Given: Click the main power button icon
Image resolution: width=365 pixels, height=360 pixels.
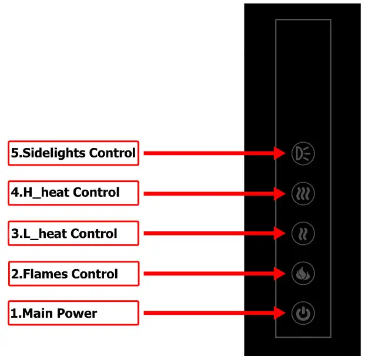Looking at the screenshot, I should tap(303, 313).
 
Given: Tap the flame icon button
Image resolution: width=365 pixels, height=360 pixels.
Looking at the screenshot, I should tap(303, 273).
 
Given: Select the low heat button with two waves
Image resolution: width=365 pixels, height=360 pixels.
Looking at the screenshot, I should tap(303, 233).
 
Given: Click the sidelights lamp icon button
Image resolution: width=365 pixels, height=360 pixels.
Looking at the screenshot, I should tap(303, 153).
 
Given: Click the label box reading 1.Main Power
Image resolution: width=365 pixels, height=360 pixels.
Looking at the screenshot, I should tap(73, 313).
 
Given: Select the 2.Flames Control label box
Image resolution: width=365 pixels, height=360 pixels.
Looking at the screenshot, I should tap(73, 274).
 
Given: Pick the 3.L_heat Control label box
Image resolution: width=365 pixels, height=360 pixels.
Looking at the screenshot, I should tap(73, 233).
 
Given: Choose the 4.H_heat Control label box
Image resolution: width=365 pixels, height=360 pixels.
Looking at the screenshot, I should tap(73, 193).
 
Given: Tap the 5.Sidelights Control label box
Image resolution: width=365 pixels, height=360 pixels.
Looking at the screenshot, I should tap(73, 153).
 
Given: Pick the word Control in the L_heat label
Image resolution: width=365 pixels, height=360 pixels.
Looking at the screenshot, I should tap(94, 233).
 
